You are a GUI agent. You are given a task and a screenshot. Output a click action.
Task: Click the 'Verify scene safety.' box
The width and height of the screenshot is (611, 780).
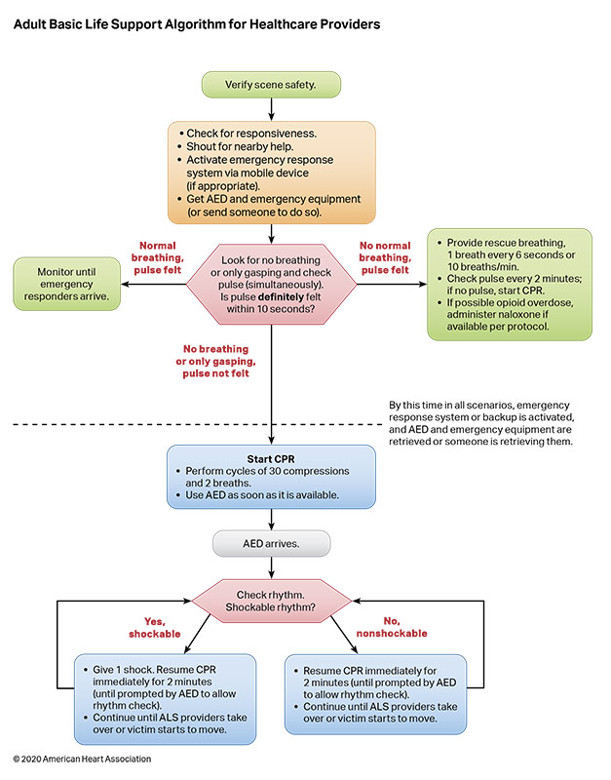pos(271,85)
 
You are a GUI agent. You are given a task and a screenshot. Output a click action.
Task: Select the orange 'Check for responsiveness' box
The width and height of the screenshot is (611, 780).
pos(271,172)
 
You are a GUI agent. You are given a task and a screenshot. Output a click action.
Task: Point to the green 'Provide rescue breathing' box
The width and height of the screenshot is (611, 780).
pos(509,284)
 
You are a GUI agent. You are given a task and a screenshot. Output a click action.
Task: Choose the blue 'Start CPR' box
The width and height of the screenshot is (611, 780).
pos(271,477)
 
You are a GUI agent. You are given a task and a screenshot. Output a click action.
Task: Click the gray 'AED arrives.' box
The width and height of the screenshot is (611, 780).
pos(271,543)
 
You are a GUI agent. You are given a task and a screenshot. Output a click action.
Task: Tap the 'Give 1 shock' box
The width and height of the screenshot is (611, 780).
pos(165,693)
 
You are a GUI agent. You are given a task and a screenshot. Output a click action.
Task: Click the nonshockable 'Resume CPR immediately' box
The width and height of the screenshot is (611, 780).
pos(373,693)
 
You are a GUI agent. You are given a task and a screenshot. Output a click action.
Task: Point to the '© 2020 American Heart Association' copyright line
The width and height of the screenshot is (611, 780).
pos(82,759)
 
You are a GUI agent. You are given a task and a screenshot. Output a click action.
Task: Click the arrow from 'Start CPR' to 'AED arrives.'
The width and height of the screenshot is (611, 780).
pos(271,520)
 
